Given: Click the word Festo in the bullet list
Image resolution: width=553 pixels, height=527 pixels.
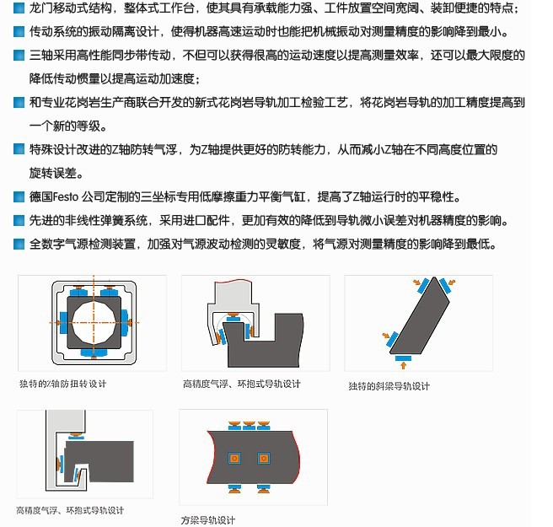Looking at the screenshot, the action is coord(66,196).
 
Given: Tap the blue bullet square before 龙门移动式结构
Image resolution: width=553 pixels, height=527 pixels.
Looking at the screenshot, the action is coord(19,8).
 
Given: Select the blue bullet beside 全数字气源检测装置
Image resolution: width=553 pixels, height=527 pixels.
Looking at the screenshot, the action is coord(19,244).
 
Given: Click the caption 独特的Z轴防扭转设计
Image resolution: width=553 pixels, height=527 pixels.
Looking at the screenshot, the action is coord(62,384).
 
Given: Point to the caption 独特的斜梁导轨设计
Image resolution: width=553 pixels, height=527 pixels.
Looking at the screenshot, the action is coord(389,386).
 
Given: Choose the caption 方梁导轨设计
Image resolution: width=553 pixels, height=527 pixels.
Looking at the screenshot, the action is coord(207,520).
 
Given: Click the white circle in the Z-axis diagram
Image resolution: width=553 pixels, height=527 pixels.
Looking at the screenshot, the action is coord(94,323).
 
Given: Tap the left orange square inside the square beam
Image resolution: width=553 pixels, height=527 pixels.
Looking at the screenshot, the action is coord(234,458).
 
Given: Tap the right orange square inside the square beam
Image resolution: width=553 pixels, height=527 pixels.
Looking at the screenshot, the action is coord(264,458).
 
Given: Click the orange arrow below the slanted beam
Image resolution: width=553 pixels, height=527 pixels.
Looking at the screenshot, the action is coord(403,365).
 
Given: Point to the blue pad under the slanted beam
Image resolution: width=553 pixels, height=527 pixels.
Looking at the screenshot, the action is coord(403,358).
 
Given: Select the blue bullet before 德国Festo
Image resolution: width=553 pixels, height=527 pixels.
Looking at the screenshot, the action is coord(19,196).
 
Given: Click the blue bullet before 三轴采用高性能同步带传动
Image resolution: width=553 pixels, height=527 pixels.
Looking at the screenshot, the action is coord(19,56).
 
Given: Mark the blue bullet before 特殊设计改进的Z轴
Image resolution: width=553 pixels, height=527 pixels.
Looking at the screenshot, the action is coord(19,149).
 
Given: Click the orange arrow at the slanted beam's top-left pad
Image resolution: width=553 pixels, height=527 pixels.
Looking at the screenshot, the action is coord(417,282).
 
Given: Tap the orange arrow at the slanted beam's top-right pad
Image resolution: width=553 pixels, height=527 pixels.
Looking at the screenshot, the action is coord(452,282).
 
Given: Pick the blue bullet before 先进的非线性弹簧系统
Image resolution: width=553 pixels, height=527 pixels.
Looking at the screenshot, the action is coord(19,220).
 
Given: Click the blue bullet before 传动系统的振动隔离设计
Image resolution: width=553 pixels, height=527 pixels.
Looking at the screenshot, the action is coord(19,32).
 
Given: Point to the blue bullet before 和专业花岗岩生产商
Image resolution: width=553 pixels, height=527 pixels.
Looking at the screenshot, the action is coord(19,103).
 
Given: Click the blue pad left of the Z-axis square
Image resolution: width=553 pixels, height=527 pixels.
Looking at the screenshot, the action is coord(63,322).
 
